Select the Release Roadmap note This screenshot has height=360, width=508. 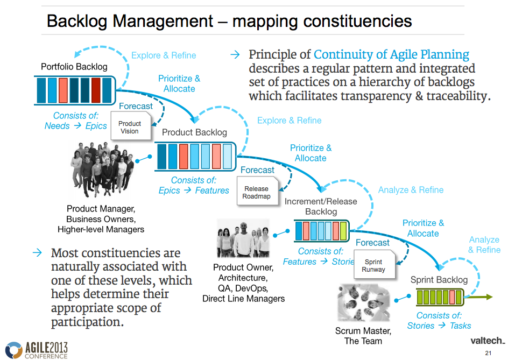click(x=256, y=193)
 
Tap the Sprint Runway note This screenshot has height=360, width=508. click(x=373, y=265)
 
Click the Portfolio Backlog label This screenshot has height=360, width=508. click(x=74, y=67)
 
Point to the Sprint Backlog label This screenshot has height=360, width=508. click(x=439, y=280)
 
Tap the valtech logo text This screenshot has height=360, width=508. click(x=487, y=341)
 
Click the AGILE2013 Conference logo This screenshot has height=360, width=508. click(x=37, y=349)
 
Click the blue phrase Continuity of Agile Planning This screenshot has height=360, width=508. click(x=391, y=55)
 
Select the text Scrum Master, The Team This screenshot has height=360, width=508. click(x=363, y=336)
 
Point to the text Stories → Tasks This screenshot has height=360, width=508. click(x=439, y=326)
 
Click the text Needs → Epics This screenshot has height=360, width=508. click(x=75, y=126)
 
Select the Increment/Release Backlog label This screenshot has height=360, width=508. click(x=320, y=207)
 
